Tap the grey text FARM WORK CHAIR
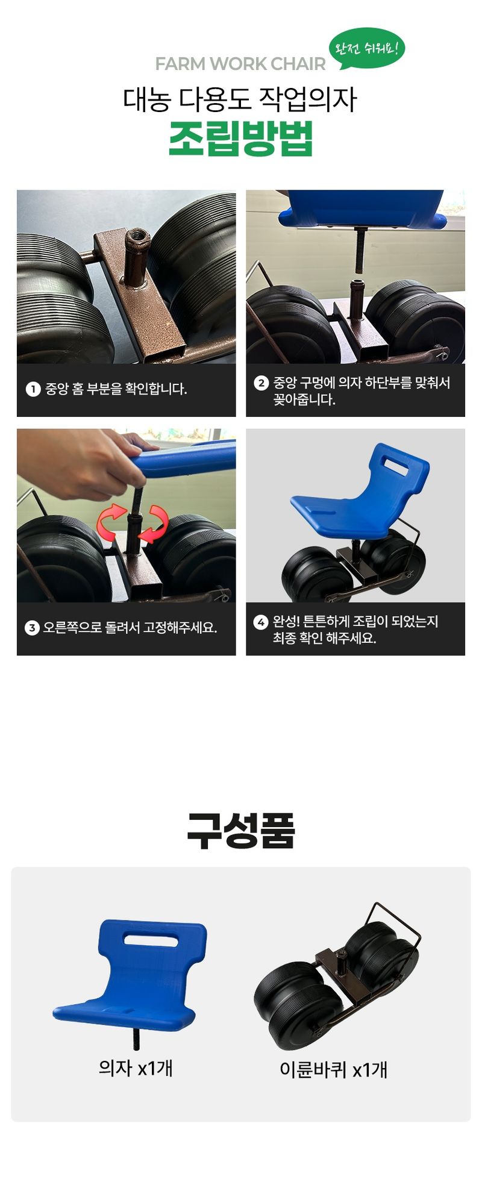(240, 64)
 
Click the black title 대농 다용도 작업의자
(240, 99)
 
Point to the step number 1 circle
(33, 389)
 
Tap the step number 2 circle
(261, 383)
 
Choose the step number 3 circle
(32, 628)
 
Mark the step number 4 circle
(261, 622)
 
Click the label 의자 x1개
(136, 1068)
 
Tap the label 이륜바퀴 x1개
(333, 1069)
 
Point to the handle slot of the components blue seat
(151, 937)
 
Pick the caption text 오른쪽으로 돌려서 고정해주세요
(130, 628)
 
